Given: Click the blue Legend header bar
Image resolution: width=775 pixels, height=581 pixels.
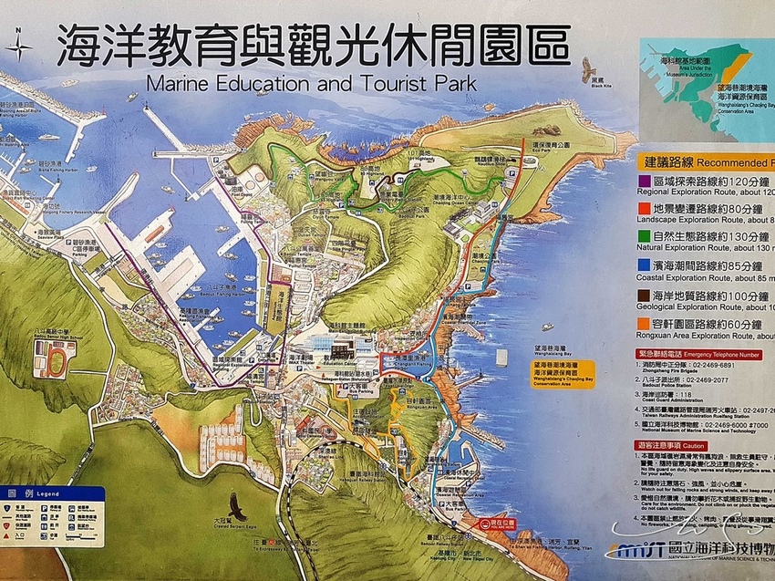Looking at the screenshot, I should pos(53,493).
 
